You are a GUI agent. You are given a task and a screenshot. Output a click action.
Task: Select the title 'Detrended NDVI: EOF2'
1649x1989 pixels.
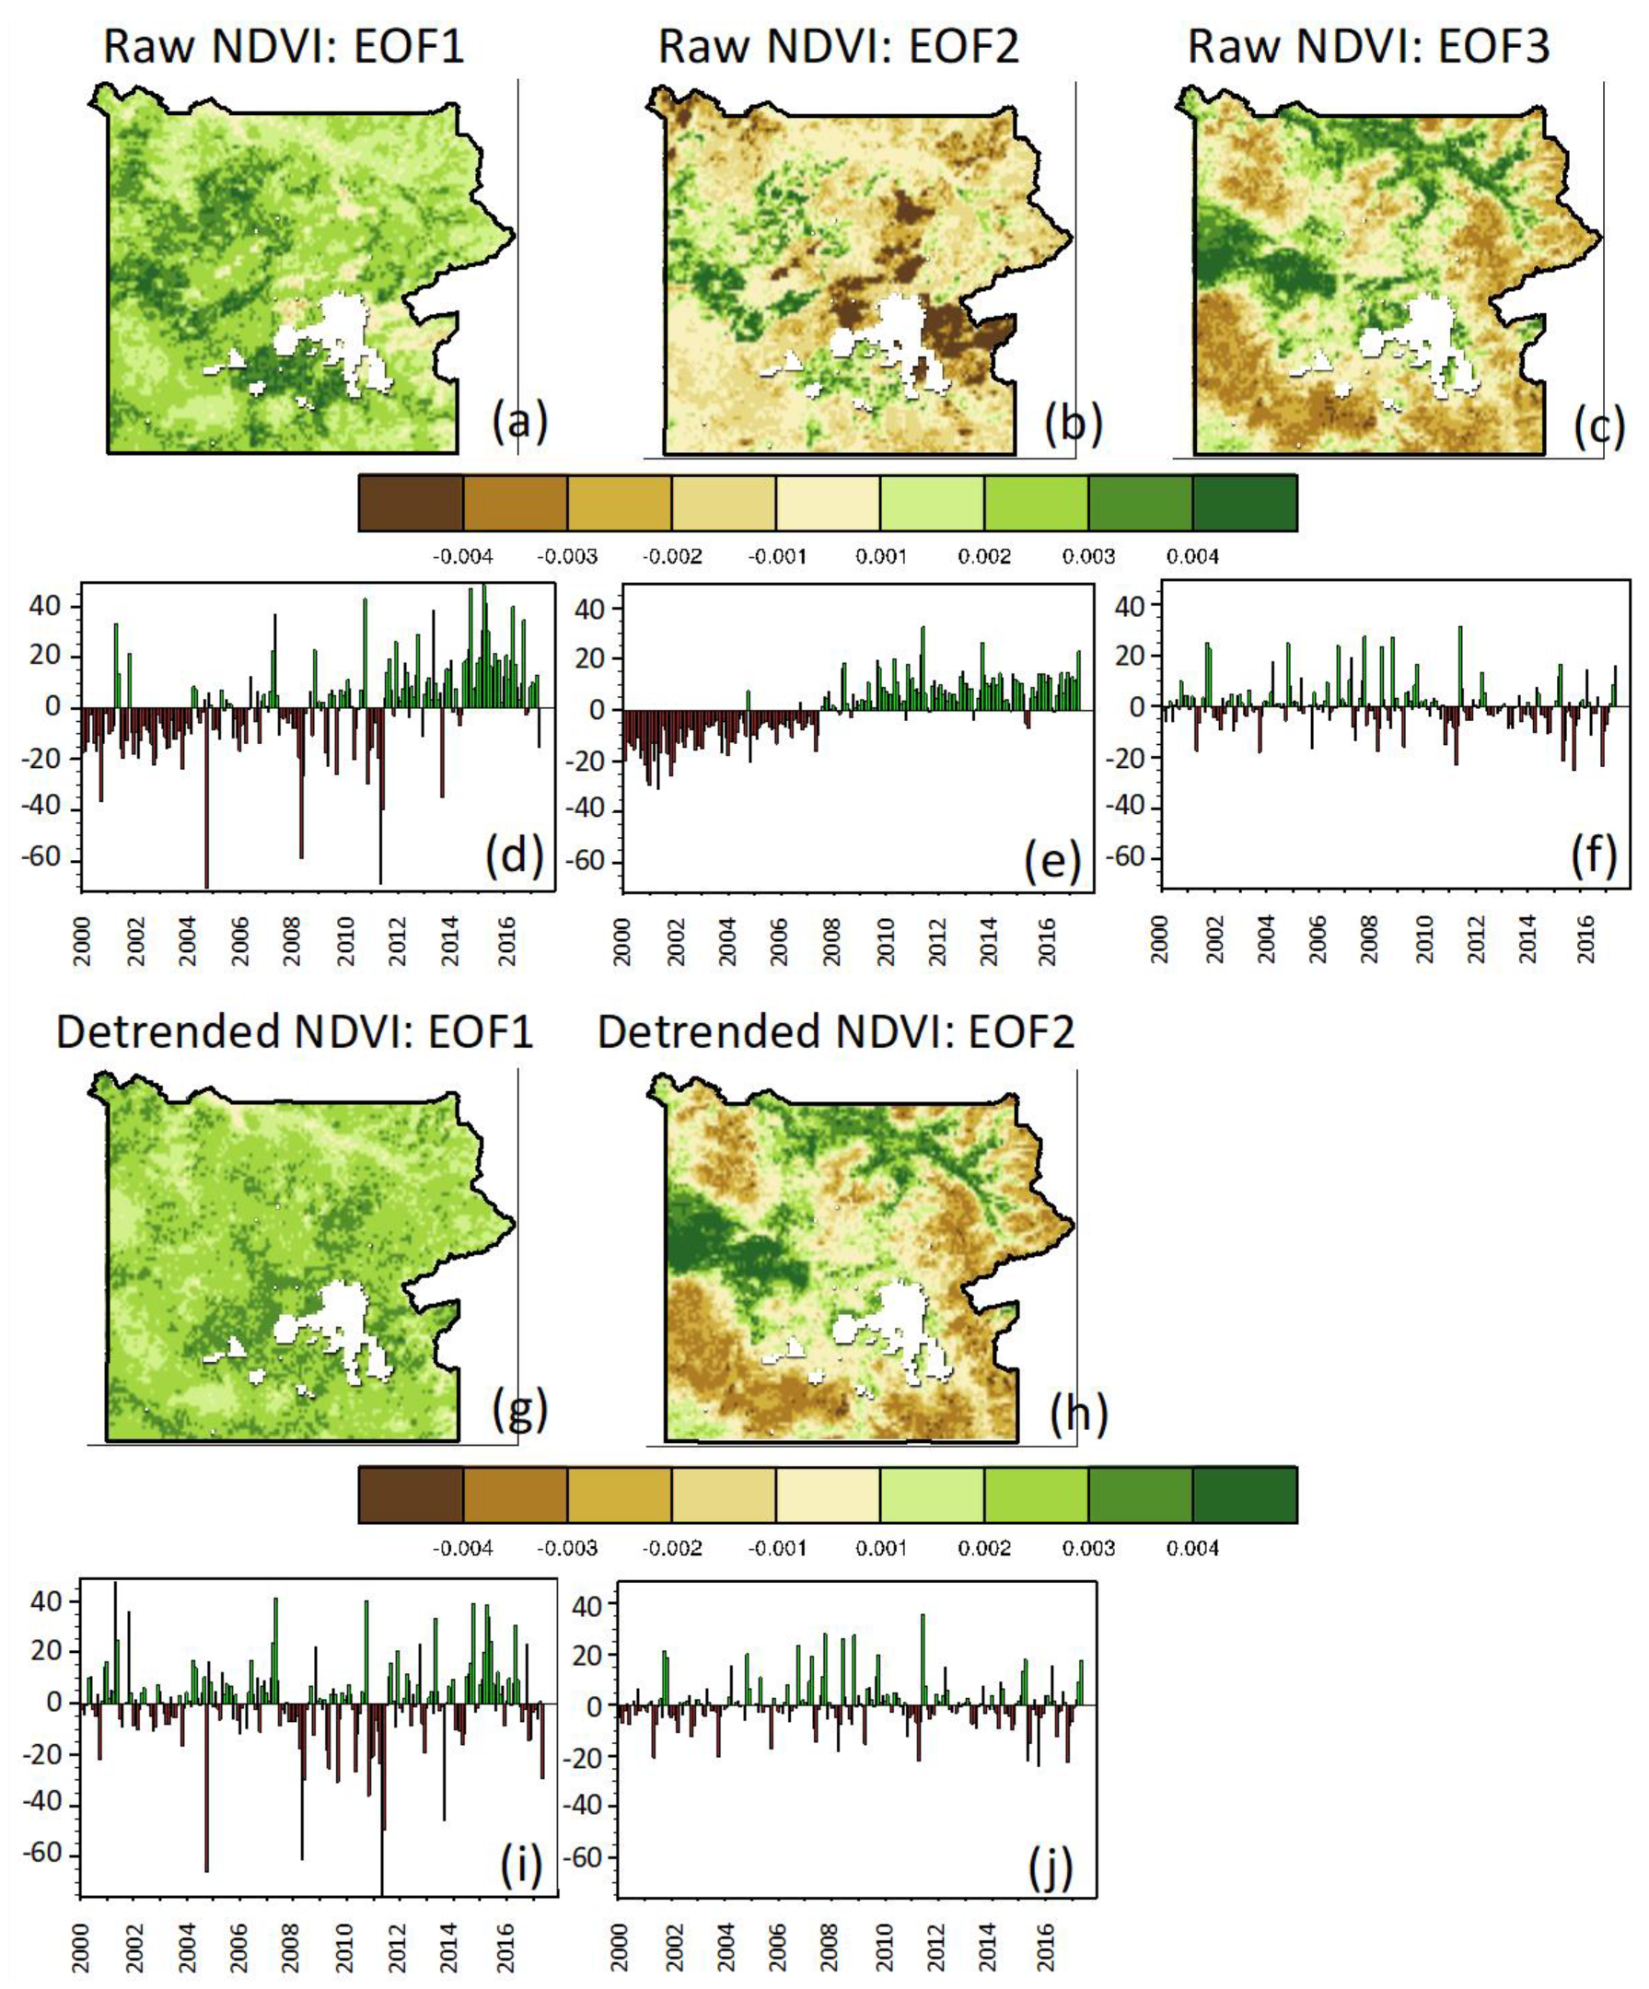coord(835,1031)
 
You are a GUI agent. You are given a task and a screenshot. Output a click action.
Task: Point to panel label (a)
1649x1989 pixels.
coord(519,423)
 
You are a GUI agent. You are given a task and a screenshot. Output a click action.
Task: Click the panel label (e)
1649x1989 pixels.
coord(1051,859)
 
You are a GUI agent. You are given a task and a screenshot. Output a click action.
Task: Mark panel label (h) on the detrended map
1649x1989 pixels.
coord(1078,1413)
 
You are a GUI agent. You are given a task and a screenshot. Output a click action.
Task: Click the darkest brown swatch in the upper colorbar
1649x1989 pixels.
coord(410,503)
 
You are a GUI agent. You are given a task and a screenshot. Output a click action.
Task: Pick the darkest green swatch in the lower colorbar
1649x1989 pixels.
coord(1244,1495)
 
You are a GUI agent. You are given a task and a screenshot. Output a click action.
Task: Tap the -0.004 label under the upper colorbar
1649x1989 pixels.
coord(462,557)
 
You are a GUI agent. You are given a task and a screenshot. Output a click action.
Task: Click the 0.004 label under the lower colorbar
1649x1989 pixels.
coord(1191,1549)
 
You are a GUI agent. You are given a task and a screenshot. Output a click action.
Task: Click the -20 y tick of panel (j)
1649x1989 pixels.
coord(587,1758)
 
